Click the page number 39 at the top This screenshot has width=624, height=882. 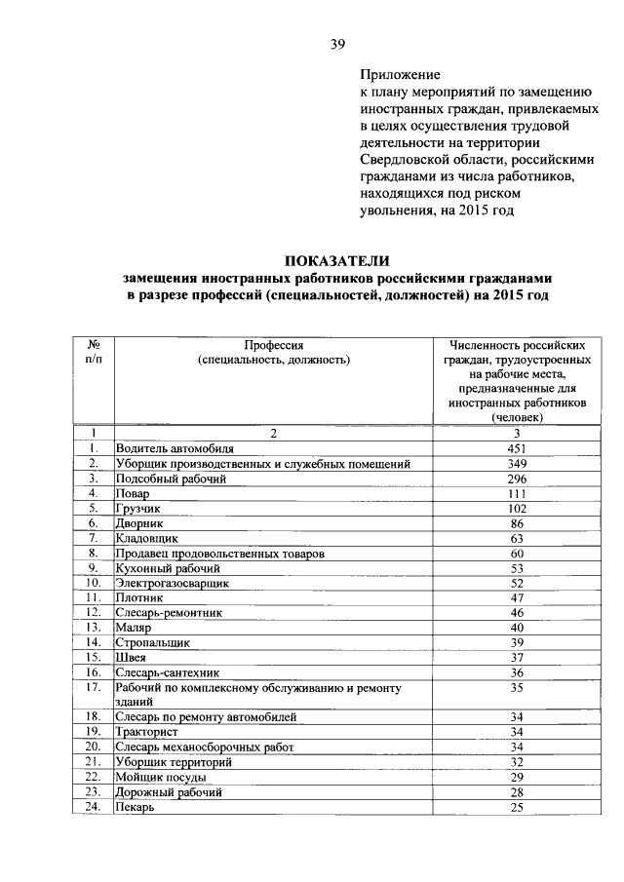(x=337, y=44)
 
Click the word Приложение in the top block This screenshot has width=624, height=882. (x=400, y=73)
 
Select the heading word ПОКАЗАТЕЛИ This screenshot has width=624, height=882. (x=336, y=260)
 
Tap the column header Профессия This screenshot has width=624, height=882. (x=274, y=345)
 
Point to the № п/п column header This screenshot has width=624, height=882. (x=95, y=352)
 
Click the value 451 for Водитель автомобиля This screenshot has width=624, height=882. (x=517, y=448)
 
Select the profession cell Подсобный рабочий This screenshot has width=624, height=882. (x=171, y=479)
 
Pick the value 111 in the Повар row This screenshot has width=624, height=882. (x=517, y=494)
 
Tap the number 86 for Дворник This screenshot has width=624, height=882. (x=517, y=523)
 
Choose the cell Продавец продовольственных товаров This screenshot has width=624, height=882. (x=219, y=554)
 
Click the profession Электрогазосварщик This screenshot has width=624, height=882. (x=172, y=584)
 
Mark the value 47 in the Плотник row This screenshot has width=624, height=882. (x=517, y=598)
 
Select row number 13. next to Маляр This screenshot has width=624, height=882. (x=94, y=629)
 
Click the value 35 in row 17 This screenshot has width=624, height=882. (x=517, y=688)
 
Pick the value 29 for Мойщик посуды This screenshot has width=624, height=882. (x=517, y=777)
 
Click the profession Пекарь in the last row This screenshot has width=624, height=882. (x=135, y=807)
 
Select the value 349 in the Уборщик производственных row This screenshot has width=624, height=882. (x=517, y=464)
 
